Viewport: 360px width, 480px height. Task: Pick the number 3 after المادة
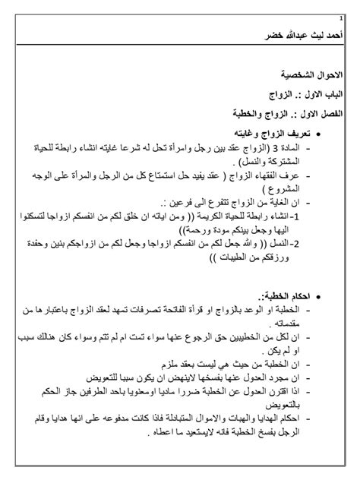[287, 150]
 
